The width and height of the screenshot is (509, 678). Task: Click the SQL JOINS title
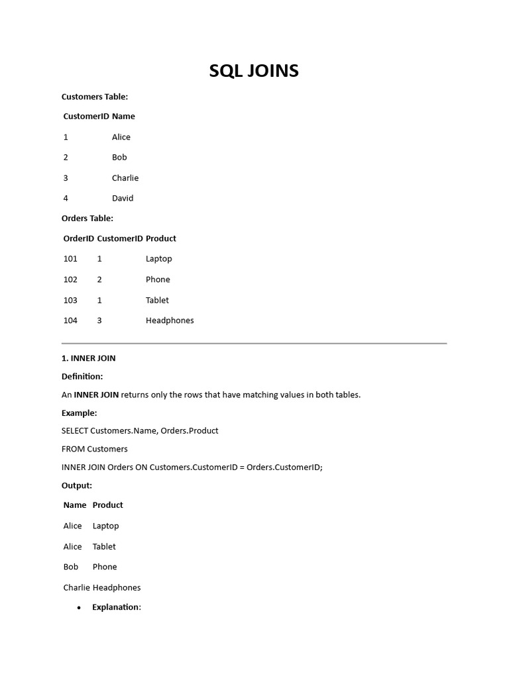pos(254,71)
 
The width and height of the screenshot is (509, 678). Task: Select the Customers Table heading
pos(95,97)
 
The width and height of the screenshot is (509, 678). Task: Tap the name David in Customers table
pos(123,198)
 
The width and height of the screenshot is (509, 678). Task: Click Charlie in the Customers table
pos(125,177)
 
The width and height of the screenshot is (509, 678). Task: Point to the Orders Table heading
pos(87,218)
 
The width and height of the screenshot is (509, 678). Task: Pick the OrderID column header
pos(79,238)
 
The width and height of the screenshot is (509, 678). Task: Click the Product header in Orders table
pos(161,238)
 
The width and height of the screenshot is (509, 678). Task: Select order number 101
pos(70,259)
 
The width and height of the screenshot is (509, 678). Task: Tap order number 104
pos(70,320)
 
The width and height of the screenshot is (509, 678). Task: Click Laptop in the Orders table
pos(159,259)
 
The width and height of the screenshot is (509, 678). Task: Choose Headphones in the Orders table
pos(170,320)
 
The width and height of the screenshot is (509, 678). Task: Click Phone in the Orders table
pos(158,279)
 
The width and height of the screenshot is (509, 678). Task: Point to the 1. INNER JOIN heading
pos(89,358)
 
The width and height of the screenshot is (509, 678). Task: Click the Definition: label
pos(82,377)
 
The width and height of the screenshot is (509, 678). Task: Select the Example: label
pos(79,413)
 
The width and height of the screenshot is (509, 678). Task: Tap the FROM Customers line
pos(95,449)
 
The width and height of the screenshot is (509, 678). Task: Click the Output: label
pos(77,485)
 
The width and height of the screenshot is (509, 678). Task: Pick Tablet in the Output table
pos(104,546)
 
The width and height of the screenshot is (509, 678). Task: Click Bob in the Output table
pos(71,567)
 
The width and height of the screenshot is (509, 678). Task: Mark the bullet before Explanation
pos(79,608)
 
